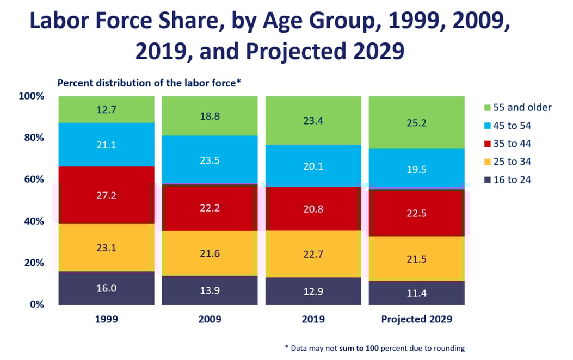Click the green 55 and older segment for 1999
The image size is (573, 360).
(107, 109)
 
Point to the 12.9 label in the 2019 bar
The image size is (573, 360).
(313, 291)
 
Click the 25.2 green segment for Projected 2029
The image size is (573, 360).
(416, 123)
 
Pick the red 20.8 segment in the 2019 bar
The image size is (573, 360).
(313, 209)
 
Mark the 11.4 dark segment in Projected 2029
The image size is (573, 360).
(416, 293)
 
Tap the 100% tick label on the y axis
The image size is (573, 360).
(30, 96)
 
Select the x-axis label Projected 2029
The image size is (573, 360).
(416, 320)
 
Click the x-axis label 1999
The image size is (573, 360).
(107, 320)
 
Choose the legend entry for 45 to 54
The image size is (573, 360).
(512, 126)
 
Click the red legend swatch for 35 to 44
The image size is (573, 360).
(488, 144)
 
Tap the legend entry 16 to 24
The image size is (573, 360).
(512, 179)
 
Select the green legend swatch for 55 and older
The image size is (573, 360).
(488, 108)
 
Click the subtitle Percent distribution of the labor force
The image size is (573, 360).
(149, 83)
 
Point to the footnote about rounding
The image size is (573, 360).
(375, 348)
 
